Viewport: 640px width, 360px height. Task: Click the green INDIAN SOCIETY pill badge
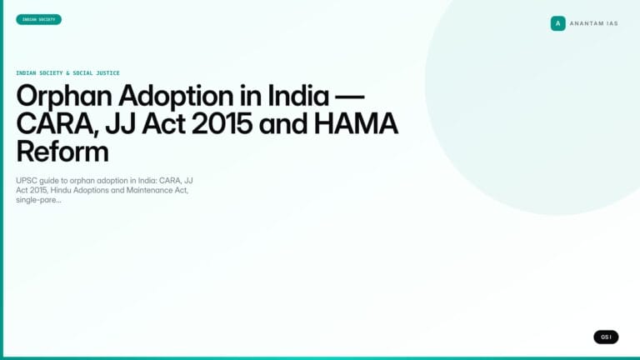pos(38,19)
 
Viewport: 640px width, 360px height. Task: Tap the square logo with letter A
pos(557,23)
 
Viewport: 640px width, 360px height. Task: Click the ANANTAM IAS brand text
pos(593,23)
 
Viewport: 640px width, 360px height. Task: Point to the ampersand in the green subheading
pos(67,73)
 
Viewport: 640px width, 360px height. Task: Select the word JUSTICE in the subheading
pos(104,73)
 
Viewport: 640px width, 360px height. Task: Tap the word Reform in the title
pos(62,153)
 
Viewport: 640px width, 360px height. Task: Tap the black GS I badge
pos(606,337)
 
